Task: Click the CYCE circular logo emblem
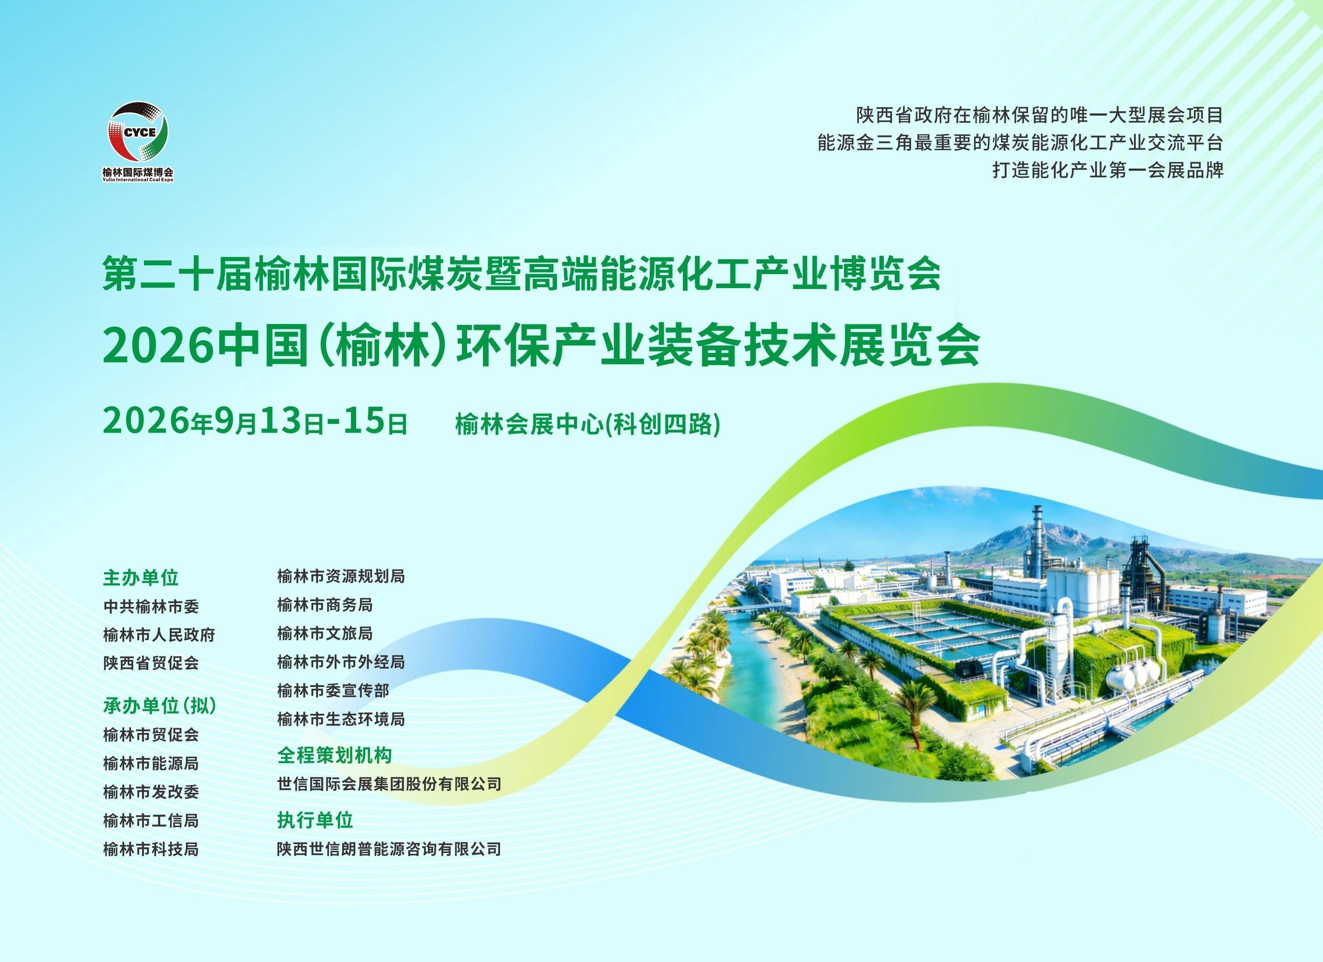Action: pyautogui.click(x=138, y=133)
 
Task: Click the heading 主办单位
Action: pyautogui.click(x=140, y=578)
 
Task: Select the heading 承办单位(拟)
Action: pyautogui.click(x=160, y=706)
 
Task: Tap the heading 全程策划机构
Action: pyautogui.click(x=334, y=755)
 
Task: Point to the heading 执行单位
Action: pyautogui.click(x=315, y=820)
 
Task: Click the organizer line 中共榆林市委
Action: pyautogui.click(x=151, y=607)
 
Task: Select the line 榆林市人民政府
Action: pyautogui.click(x=159, y=634)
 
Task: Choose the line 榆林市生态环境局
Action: pyautogui.click(x=341, y=719)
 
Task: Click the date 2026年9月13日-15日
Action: pyautogui.click(x=255, y=422)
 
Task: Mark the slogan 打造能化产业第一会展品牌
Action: pyautogui.click(x=1108, y=170)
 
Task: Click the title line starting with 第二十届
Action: pyautogui.click(x=521, y=273)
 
